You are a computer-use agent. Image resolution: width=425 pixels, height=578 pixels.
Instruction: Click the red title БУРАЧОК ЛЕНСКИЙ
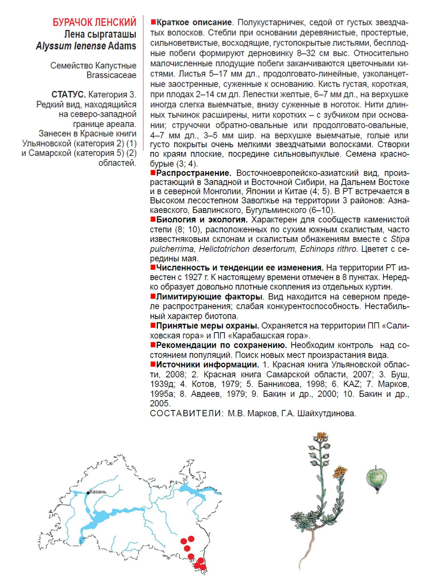(94, 22)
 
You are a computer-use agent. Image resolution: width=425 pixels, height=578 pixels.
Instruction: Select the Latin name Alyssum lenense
(71, 46)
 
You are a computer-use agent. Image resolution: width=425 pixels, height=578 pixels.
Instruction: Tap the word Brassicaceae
(111, 75)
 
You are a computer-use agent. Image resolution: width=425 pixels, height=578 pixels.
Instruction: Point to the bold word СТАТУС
(68, 95)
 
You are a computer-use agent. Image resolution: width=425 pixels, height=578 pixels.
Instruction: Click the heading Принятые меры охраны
(207, 326)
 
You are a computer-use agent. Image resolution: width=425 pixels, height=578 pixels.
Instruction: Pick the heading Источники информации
(207, 364)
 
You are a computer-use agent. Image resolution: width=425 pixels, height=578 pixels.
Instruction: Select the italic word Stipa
(400, 239)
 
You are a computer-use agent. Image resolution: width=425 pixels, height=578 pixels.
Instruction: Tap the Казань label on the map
(98, 492)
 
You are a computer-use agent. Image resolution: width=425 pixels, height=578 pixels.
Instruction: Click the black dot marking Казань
(88, 493)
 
